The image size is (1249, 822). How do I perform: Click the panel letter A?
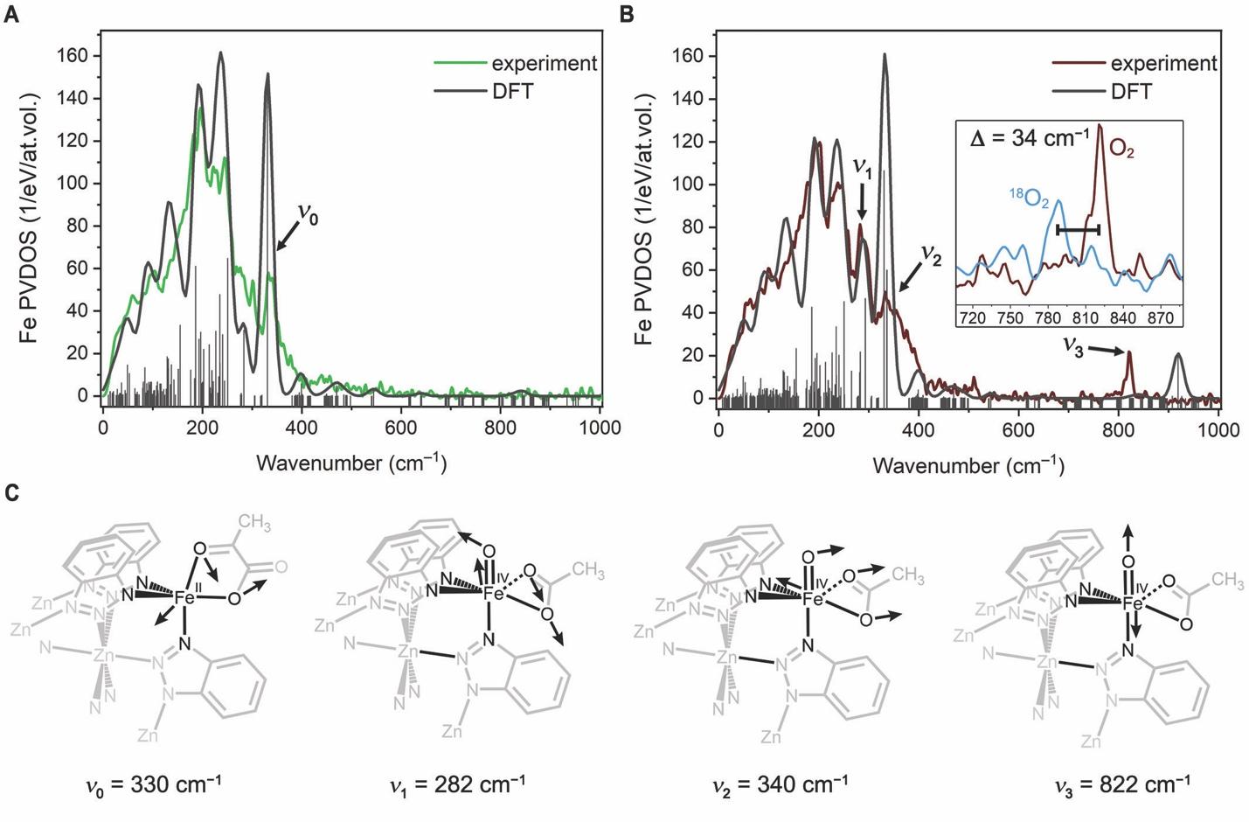tap(11, 15)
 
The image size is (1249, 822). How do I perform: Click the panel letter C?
tap(12, 493)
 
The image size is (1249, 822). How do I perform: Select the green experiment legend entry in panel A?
tap(516, 63)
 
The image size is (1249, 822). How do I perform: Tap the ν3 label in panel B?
tap(1074, 345)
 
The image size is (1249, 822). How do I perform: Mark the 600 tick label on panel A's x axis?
tap(401, 428)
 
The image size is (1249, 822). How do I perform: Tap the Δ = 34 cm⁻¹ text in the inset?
tap(1030, 138)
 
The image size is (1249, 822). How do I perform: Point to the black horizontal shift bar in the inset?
tap(1078, 229)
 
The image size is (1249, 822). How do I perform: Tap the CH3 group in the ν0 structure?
tap(254, 523)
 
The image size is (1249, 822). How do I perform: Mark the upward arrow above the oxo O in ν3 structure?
tap(1130, 534)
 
